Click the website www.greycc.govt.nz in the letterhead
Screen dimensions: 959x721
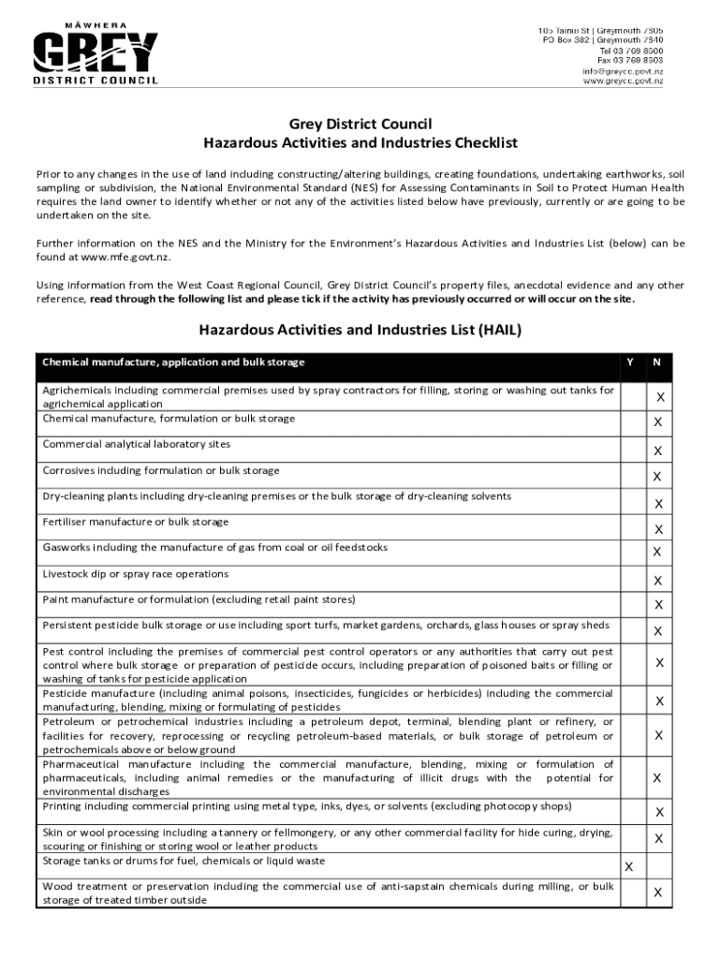click(x=624, y=81)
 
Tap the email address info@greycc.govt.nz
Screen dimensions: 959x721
click(x=622, y=71)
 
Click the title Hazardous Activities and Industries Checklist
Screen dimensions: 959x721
click(x=360, y=143)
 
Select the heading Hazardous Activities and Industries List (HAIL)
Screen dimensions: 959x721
click(x=360, y=330)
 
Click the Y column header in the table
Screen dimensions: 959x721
click(x=629, y=362)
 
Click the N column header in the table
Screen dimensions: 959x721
click(x=658, y=362)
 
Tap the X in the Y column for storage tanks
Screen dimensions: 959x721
click(x=629, y=867)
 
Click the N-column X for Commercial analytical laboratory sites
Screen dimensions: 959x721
click(x=658, y=451)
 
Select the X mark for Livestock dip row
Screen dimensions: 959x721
click(x=658, y=581)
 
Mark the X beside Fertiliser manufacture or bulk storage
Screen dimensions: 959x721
click(x=658, y=530)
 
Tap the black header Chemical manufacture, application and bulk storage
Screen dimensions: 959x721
click(x=173, y=362)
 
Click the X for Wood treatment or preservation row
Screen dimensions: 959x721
click(x=658, y=893)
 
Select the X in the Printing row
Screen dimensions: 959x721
click(x=658, y=812)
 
